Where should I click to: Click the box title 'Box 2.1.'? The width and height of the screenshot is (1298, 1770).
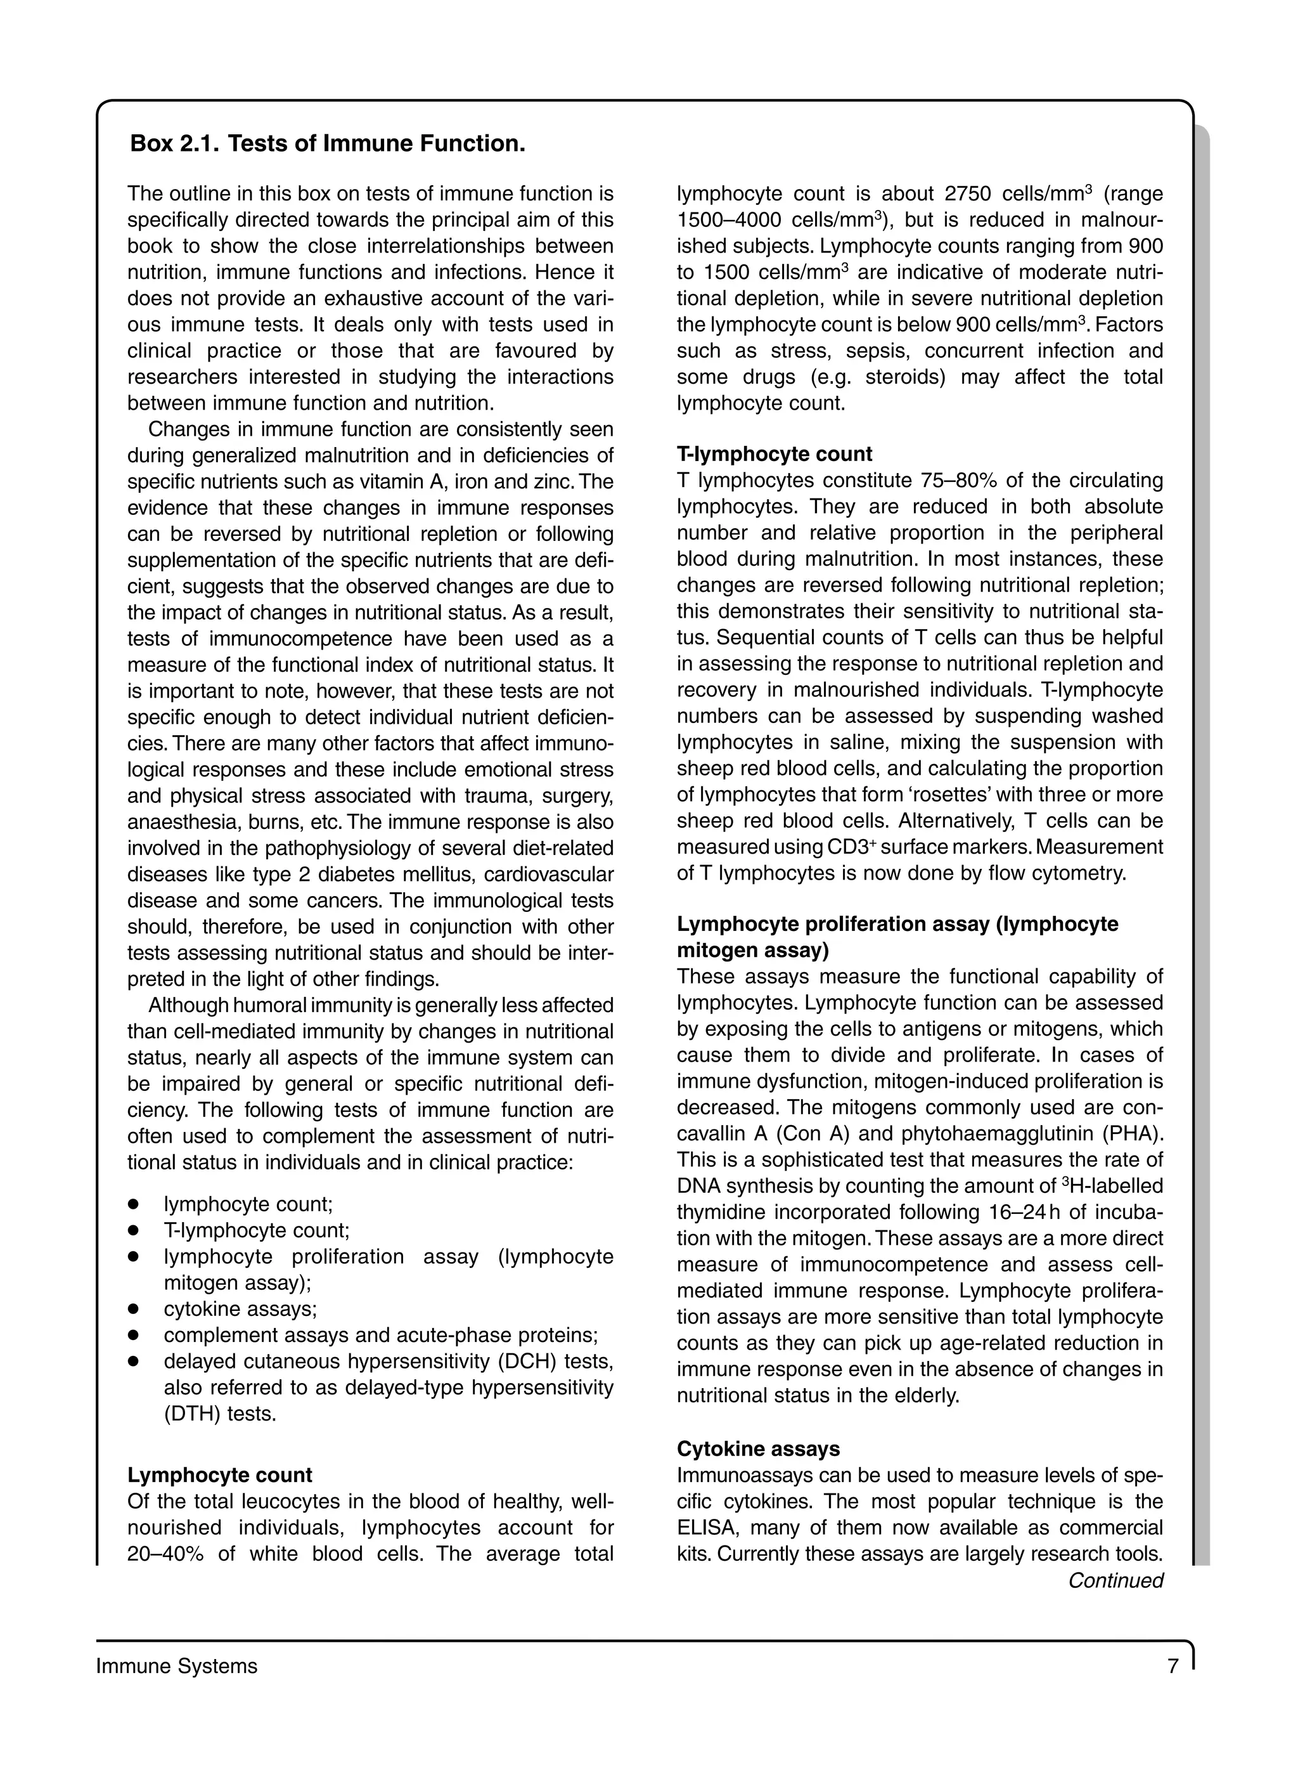(x=174, y=144)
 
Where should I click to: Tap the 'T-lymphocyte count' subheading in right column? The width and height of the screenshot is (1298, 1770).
(x=774, y=454)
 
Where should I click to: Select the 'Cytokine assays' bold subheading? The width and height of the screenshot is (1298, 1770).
(x=758, y=1448)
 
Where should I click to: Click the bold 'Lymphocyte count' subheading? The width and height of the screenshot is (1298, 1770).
(x=219, y=1475)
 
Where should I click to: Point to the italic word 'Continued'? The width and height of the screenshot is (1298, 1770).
(x=1115, y=1580)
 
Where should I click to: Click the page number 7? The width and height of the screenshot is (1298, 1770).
(x=1173, y=1666)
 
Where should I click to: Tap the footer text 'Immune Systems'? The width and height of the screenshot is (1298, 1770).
(x=177, y=1666)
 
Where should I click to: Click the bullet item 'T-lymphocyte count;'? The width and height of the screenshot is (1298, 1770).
(x=256, y=1231)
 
